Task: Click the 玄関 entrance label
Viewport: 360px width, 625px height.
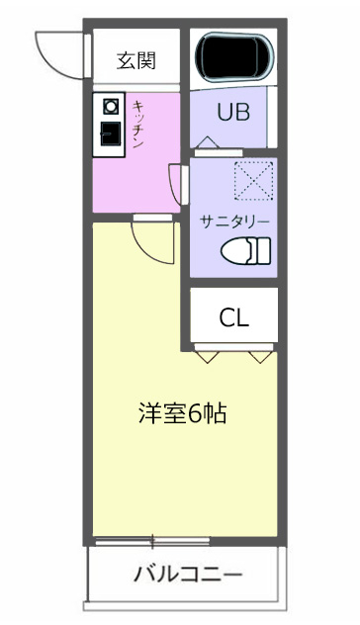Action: tap(136, 60)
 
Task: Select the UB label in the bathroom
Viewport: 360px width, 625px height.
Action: tap(233, 111)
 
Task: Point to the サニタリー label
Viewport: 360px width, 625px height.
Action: tap(233, 219)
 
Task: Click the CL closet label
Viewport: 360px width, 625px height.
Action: tap(233, 317)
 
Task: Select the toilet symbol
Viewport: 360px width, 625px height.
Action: tap(245, 251)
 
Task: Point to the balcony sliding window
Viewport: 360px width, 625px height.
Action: tap(152, 541)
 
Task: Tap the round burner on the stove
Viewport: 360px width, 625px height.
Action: tap(109, 105)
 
